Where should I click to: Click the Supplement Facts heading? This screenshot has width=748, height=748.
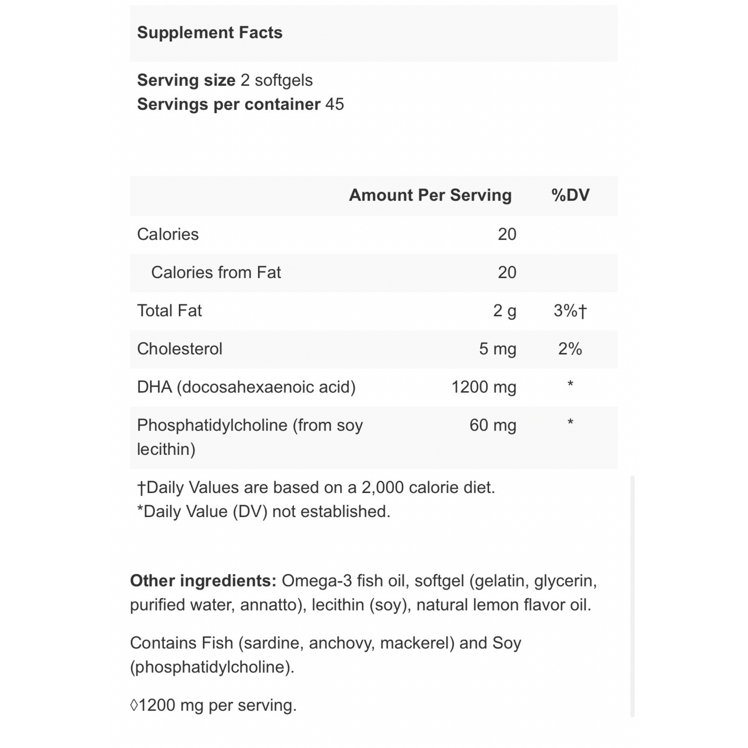tap(210, 33)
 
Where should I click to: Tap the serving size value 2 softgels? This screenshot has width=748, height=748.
tap(277, 80)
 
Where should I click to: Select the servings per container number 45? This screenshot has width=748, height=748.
tap(335, 104)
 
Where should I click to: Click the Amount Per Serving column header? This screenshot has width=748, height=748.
tap(430, 195)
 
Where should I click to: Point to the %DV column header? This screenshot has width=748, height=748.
tap(571, 195)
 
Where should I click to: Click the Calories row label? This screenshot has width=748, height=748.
tap(168, 234)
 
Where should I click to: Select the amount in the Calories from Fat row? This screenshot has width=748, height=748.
tap(507, 273)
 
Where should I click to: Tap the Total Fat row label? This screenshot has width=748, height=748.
tap(169, 311)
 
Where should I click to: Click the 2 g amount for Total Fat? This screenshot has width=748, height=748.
tap(504, 311)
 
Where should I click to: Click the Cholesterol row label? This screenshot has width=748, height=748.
tap(180, 349)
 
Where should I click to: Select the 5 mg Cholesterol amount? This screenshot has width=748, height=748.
tap(498, 349)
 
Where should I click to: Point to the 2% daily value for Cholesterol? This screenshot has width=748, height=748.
tap(570, 349)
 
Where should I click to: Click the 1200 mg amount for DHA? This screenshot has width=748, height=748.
tap(484, 387)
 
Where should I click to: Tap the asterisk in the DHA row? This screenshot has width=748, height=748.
tap(571, 385)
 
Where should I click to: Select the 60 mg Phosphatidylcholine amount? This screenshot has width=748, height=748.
tap(493, 425)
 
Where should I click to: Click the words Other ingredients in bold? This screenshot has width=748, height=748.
tap(203, 580)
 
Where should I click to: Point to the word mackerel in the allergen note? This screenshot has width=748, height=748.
tap(417, 643)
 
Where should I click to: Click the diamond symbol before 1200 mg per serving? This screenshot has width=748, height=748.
tap(134, 705)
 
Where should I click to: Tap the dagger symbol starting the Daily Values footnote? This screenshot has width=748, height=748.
tap(142, 488)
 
